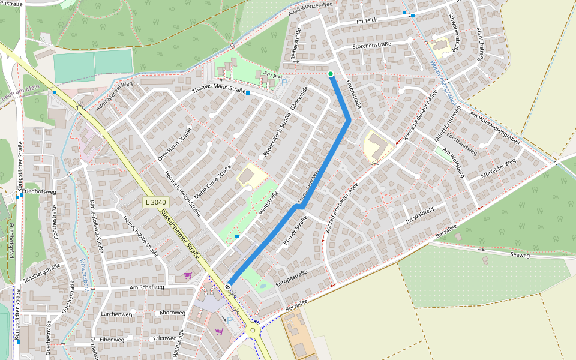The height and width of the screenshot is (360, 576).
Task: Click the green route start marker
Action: pos(331,74)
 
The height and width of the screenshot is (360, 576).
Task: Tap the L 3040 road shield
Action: pos(155,202)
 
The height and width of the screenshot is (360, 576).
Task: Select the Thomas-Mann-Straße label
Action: pos(219,91)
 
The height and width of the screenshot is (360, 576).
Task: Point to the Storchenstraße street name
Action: pos(372,45)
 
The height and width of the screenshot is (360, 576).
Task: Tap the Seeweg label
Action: pos(520,254)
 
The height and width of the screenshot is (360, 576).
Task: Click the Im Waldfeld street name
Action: pos(419,214)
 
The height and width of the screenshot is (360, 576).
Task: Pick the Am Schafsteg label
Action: pos(146,287)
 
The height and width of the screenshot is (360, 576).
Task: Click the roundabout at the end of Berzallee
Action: pos(253,330)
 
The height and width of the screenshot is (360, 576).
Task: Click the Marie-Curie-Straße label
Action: pos(217,184)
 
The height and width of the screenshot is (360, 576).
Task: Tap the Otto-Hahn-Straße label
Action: pos(175,144)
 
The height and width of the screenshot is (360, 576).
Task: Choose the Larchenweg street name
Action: pos(116,314)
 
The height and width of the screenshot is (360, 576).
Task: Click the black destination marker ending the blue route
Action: pos(228,287)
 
